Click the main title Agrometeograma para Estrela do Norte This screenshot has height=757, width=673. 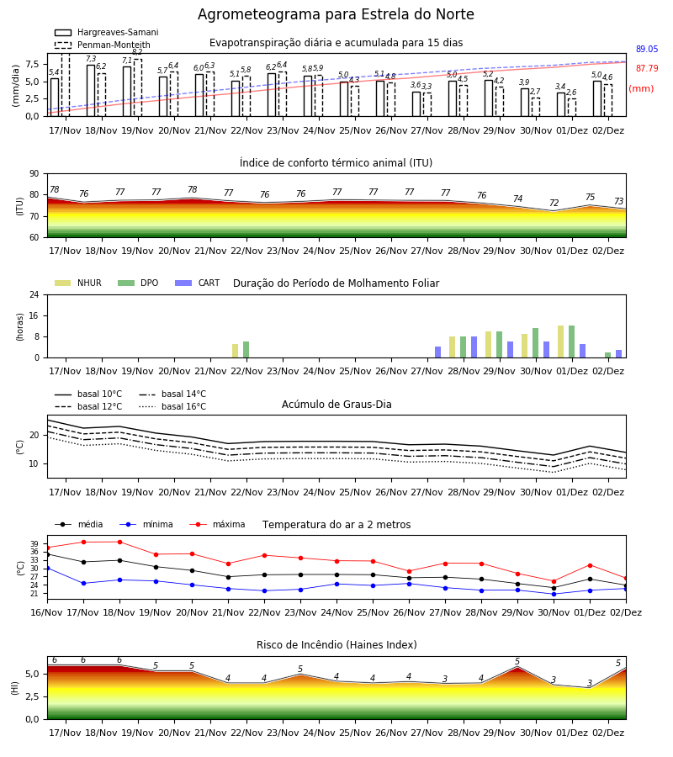pyautogui.click(x=336, y=14)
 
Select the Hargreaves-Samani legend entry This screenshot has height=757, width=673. pyautogui.click(x=106, y=32)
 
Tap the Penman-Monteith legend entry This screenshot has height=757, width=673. pyautogui.click(x=103, y=45)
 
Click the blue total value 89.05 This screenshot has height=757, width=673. pyautogui.click(x=647, y=50)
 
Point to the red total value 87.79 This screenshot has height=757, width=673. pyautogui.click(x=647, y=69)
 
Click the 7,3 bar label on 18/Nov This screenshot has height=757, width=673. pyautogui.click(x=91, y=59)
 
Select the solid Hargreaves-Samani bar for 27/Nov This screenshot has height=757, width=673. pyautogui.click(x=416, y=103)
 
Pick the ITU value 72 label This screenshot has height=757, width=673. pyautogui.click(x=554, y=203)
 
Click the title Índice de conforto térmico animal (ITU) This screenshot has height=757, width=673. pyautogui.click(x=336, y=162)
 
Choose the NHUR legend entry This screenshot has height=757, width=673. pyautogui.click(x=78, y=283)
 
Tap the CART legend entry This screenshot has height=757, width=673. pyautogui.click(x=198, y=283)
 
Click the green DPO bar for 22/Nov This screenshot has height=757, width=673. pyautogui.click(x=246, y=350)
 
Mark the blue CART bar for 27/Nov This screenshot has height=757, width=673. pyautogui.click(x=438, y=352)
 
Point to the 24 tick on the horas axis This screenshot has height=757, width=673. pyautogui.click(x=34, y=294)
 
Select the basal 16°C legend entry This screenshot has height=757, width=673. pyautogui.click(x=172, y=407)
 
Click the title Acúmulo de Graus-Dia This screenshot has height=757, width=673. pyautogui.click(x=336, y=405)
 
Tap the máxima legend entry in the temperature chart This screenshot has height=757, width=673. pyautogui.click(x=217, y=524)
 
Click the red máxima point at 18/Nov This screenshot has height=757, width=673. pyautogui.click(x=119, y=542)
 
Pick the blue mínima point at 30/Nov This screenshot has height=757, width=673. pyautogui.click(x=554, y=594)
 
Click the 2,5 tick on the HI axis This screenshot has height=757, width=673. pyautogui.click(x=32, y=696)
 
